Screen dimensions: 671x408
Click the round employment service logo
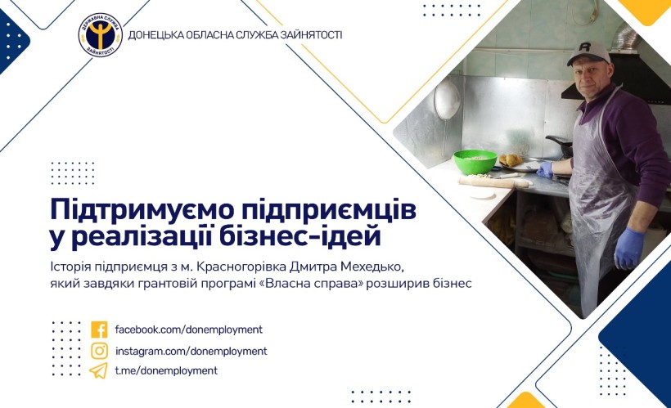coord(101,35)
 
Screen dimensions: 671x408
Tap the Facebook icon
coord(99,330)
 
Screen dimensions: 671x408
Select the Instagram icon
coord(99,351)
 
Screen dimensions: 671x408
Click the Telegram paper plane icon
coord(99,370)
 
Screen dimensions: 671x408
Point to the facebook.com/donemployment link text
coord(189,330)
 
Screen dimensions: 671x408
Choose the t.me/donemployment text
coord(166,370)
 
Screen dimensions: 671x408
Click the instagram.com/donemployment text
coord(191,351)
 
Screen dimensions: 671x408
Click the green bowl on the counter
coord(475,162)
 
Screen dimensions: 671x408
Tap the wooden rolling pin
coord(495,182)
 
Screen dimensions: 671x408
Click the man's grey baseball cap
coord(588,52)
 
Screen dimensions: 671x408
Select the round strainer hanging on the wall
coord(447,100)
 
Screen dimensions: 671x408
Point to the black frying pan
coord(560,146)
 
